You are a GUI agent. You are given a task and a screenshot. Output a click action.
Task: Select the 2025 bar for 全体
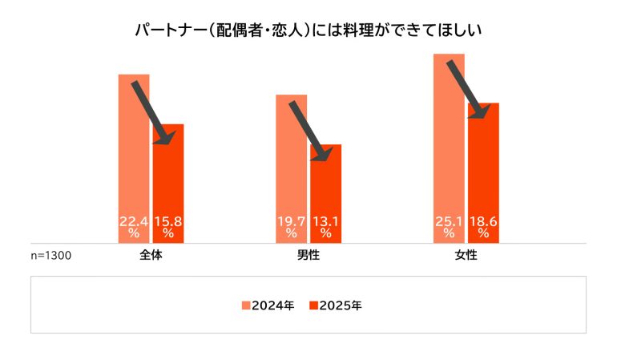pyautogui.click(x=168, y=176)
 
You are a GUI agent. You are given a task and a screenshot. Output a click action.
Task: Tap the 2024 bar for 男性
pyautogui.click(x=291, y=160)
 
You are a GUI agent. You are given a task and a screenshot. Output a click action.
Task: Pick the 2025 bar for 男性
pyautogui.click(x=325, y=188)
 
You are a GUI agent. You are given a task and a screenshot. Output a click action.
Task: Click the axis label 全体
pyautogui.click(x=151, y=256)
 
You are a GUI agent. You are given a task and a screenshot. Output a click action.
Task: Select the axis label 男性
pyautogui.click(x=308, y=256)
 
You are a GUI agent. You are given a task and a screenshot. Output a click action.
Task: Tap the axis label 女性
pyautogui.click(x=466, y=256)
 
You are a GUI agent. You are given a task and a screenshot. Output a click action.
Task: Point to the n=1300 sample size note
pyautogui.click(x=51, y=256)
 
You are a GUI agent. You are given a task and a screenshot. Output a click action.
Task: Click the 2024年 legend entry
pyautogui.click(x=268, y=305)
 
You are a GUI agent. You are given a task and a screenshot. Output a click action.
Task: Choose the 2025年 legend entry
pyautogui.click(x=336, y=305)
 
